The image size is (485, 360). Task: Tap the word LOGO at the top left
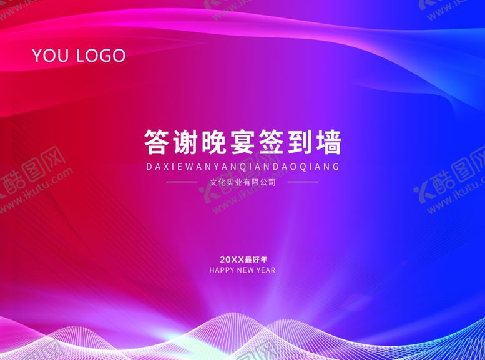pos(100,56)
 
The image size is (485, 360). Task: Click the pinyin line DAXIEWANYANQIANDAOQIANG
pos(242,167)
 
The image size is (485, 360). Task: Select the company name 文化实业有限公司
pos(242,183)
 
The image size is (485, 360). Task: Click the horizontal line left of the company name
pos(181,182)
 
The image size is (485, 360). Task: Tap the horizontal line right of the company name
pos(303,182)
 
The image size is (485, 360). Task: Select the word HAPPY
pos(222,271)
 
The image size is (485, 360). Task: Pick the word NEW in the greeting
pos(247,271)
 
